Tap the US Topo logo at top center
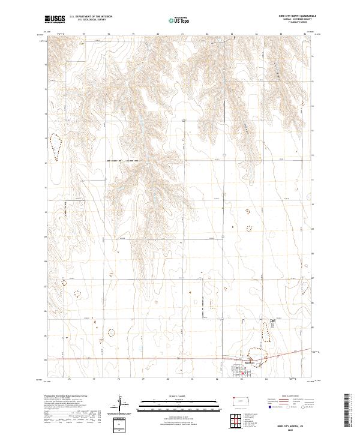click(x=174, y=20)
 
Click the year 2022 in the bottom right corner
click(x=292, y=429)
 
